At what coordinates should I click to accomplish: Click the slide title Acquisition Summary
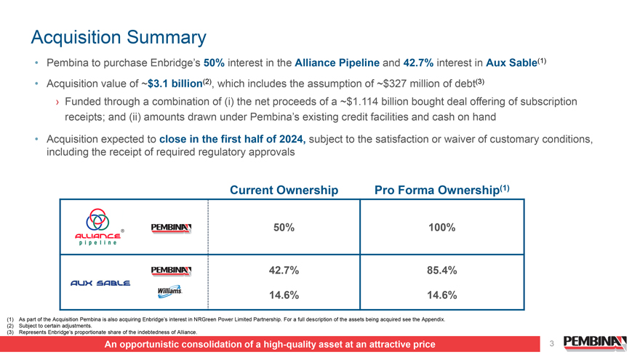point(119,38)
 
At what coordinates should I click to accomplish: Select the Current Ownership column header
point(284,191)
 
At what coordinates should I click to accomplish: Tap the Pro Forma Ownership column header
point(442,190)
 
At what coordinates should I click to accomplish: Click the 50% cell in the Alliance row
point(284,228)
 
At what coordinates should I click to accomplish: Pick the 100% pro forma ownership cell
point(442,228)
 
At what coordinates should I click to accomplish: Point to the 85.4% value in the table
point(442,271)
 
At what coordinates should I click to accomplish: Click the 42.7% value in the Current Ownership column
point(284,271)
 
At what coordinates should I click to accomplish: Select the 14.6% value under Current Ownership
point(284,295)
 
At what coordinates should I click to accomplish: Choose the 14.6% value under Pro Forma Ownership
point(442,295)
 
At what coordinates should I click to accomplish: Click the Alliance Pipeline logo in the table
point(98,227)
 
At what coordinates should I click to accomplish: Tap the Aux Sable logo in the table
point(100,283)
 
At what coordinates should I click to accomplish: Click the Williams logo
point(169,292)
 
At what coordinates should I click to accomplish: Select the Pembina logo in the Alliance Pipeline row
point(172,228)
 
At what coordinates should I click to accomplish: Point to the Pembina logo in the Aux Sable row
point(172,271)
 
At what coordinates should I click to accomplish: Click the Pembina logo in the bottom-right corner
point(595,343)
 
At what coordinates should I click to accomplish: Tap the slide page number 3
point(552,344)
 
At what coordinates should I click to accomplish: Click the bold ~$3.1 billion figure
point(172,84)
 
